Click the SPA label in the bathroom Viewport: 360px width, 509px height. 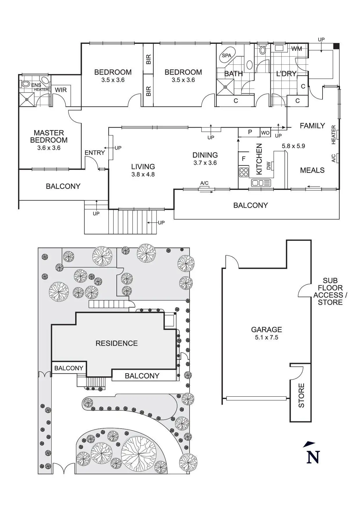pos(226,55)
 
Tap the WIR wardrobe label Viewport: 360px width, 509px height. pos(61,90)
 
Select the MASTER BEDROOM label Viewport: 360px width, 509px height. pos(49,136)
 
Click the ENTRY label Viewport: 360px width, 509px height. pos(95,153)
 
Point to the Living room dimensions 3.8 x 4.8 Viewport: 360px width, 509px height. pos(143,174)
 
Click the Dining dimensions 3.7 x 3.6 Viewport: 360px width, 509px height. pos(205,163)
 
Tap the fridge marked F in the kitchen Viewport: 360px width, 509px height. pos(244,159)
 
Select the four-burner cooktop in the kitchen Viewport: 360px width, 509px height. pos(244,172)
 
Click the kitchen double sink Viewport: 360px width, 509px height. pos(261,183)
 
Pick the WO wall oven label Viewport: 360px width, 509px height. pos(265,133)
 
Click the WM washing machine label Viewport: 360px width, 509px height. pos(296,49)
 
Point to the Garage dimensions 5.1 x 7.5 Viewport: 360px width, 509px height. pos(266,337)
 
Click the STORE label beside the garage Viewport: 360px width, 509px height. pos(301,395)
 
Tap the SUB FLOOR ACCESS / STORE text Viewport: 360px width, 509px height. pos(330,291)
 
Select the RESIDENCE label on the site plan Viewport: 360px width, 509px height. pos(116,343)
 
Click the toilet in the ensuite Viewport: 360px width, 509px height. pos(26,84)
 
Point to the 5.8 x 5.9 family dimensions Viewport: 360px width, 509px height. pos(293,146)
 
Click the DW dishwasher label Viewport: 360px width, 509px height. pos(269,166)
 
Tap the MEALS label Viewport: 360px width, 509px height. pos(312,170)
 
